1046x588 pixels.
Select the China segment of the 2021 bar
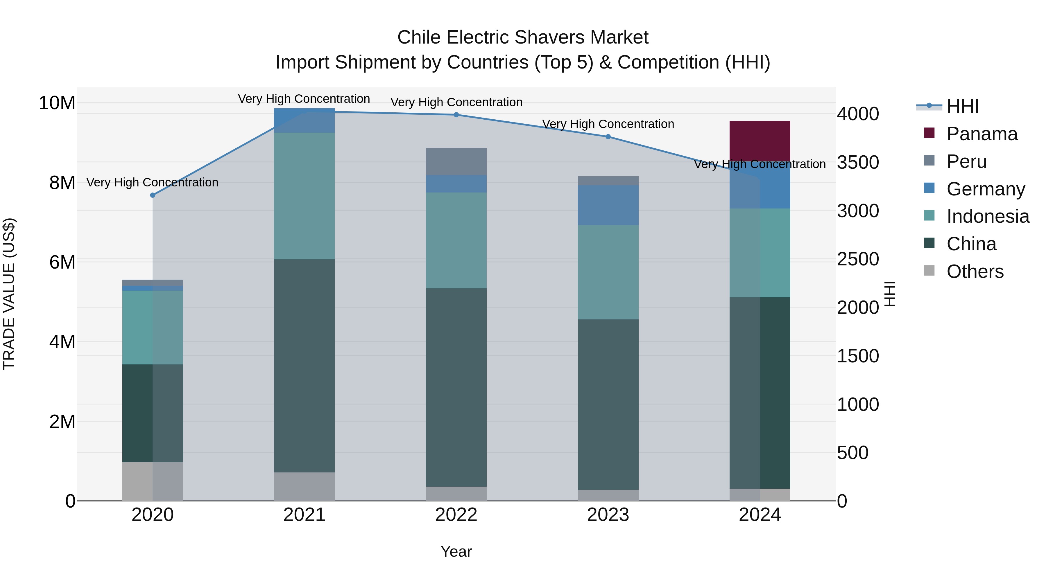tap(304, 365)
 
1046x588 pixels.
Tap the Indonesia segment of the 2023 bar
tap(608, 272)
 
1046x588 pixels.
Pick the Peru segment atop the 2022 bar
tap(456, 161)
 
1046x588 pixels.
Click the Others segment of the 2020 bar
tap(152, 481)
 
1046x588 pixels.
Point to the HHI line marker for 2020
tap(153, 195)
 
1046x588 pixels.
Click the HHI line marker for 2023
tap(608, 137)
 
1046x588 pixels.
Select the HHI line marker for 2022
tap(456, 115)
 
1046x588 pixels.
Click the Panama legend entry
tap(982, 134)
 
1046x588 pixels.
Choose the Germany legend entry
tap(986, 189)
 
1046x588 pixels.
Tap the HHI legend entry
tap(962, 106)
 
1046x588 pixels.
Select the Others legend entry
tap(975, 271)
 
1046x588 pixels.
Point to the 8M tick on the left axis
tap(62, 183)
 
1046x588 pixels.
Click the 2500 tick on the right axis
tap(858, 259)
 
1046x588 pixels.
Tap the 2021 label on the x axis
tap(304, 515)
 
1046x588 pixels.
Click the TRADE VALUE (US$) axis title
tap(9, 294)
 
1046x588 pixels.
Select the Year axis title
tap(456, 551)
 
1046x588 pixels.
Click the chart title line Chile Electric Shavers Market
tap(523, 37)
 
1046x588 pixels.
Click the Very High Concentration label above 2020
tap(152, 182)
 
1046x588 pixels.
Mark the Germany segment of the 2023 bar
tap(608, 205)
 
